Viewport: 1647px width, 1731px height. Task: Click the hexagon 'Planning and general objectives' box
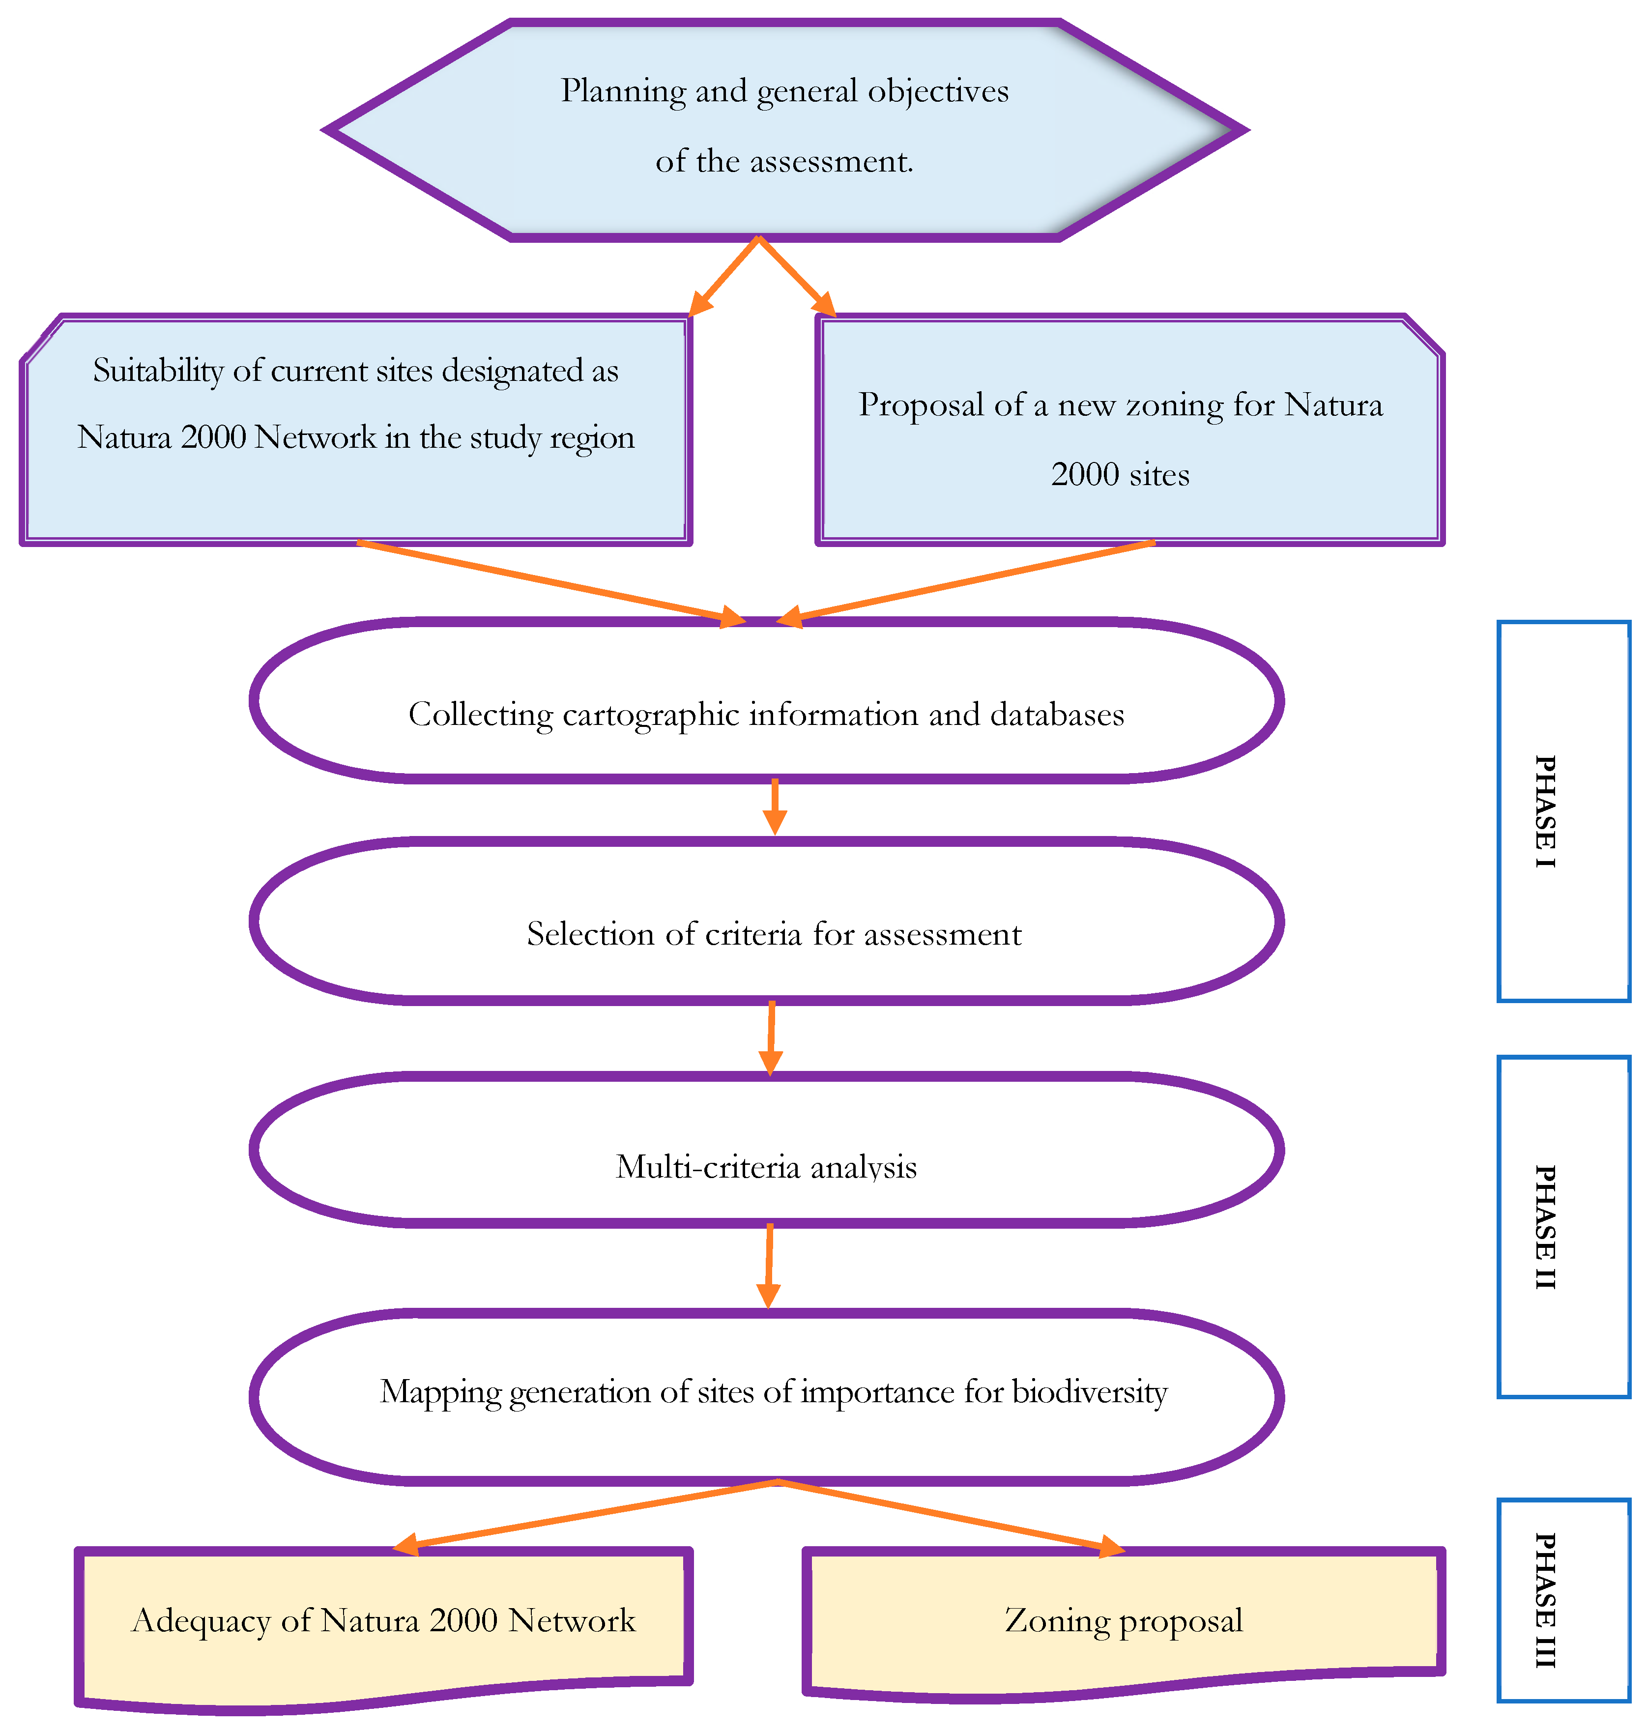point(785,130)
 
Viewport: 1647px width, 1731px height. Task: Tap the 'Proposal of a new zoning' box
point(1130,430)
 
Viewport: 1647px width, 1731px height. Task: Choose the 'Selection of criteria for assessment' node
point(766,921)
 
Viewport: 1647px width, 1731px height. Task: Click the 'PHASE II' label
point(1544,1227)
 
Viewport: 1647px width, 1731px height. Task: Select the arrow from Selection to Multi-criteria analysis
point(771,1038)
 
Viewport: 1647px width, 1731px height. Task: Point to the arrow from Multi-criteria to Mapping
point(769,1266)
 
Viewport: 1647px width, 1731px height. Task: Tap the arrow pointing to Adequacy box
point(585,1517)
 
